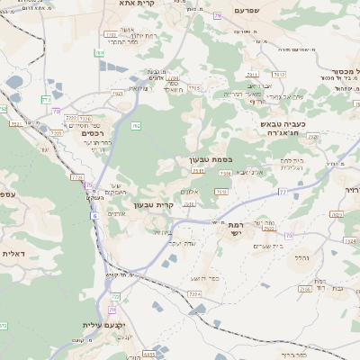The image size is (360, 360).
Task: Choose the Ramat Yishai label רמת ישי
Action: point(236,228)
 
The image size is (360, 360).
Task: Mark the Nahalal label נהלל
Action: point(301,257)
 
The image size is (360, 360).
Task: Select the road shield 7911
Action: point(253,75)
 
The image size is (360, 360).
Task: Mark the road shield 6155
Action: point(147,355)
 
